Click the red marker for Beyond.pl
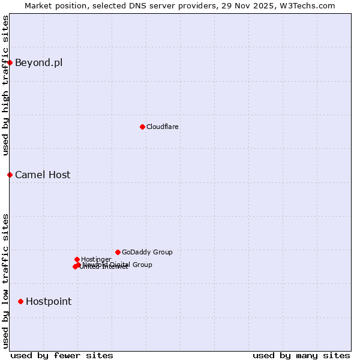10,62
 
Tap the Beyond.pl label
38,62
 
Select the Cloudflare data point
142,127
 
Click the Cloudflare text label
163,127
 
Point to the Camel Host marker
10,175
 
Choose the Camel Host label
43,175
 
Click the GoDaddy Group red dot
118,252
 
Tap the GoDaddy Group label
147,252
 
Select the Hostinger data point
77,259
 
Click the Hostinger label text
96,259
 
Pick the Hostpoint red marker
20,301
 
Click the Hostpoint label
49,301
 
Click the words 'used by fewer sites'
62,355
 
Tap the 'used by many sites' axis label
301,355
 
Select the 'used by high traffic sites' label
5,85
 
